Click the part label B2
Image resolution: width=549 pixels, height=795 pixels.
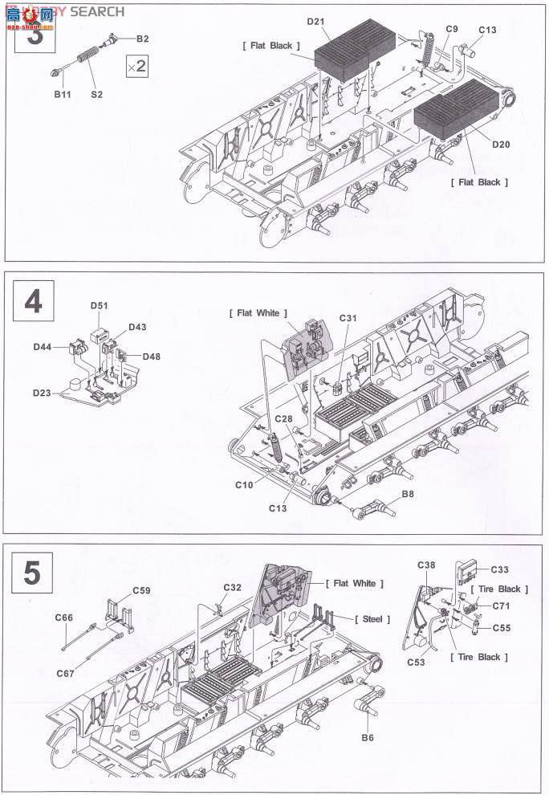click(x=142, y=39)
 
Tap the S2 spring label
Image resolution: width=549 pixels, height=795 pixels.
click(x=97, y=95)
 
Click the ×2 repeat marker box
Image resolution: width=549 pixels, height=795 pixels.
click(x=137, y=67)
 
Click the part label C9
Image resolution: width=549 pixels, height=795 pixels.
click(x=452, y=29)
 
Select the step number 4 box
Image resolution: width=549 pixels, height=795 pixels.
click(x=34, y=302)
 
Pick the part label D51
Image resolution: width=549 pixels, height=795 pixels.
click(x=99, y=306)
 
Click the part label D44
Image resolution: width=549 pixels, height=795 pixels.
click(x=43, y=346)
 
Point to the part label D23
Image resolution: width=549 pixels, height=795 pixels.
click(x=43, y=393)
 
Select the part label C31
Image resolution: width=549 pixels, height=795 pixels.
click(x=348, y=319)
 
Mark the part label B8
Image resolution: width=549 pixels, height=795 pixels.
click(x=408, y=492)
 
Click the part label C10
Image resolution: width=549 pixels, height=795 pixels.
click(x=244, y=484)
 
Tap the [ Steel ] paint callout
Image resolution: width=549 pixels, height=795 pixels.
click(x=372, y=619)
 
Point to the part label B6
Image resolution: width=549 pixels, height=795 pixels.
click(x=368, y=738)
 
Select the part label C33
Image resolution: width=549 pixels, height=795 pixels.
click(x=499, y=569)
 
